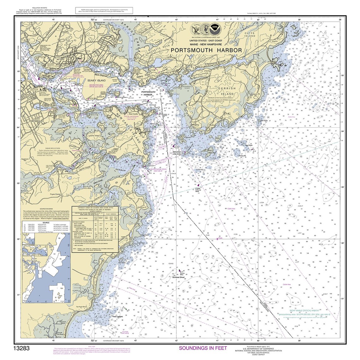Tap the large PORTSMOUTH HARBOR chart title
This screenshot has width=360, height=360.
click(206, 50)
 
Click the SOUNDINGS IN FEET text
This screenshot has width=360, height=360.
click(203, 348)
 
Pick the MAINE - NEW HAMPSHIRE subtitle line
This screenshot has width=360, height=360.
click(207, 44)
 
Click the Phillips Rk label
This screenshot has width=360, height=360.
click(243, 156)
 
